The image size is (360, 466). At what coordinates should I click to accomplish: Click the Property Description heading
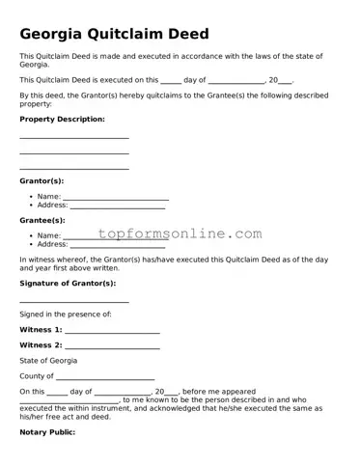(x=62, y=119)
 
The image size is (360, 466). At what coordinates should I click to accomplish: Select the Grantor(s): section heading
(x=42, y=180)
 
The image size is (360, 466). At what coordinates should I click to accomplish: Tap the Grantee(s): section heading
(x=42, y=220)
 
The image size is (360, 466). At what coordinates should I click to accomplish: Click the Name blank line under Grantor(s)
(x=116, y=198)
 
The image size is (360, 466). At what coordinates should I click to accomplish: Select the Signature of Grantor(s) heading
(x=68, y=283)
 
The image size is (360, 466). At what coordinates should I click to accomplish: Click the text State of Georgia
(x=48, y=360)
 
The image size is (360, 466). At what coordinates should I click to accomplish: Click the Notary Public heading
(x=54, y=432)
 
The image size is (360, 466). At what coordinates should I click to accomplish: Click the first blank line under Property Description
(x=74, y=138)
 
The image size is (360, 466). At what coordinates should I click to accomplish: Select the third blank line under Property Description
(x=74, y=168)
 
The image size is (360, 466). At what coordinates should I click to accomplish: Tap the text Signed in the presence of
(x=66, y=315)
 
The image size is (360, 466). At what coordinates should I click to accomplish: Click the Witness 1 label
(x=41, y=330)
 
